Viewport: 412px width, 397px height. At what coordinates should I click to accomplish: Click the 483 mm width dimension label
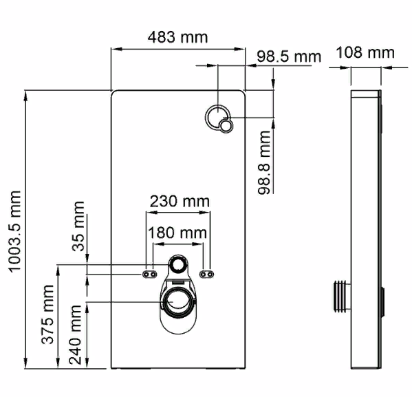click(x=178, y=36)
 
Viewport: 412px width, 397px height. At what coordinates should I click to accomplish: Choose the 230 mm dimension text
click(x=180, y=202)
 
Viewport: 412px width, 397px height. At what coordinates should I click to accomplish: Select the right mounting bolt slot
click(x=205, y=274)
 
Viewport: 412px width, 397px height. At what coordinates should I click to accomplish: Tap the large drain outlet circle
click(x=177, y=301)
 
